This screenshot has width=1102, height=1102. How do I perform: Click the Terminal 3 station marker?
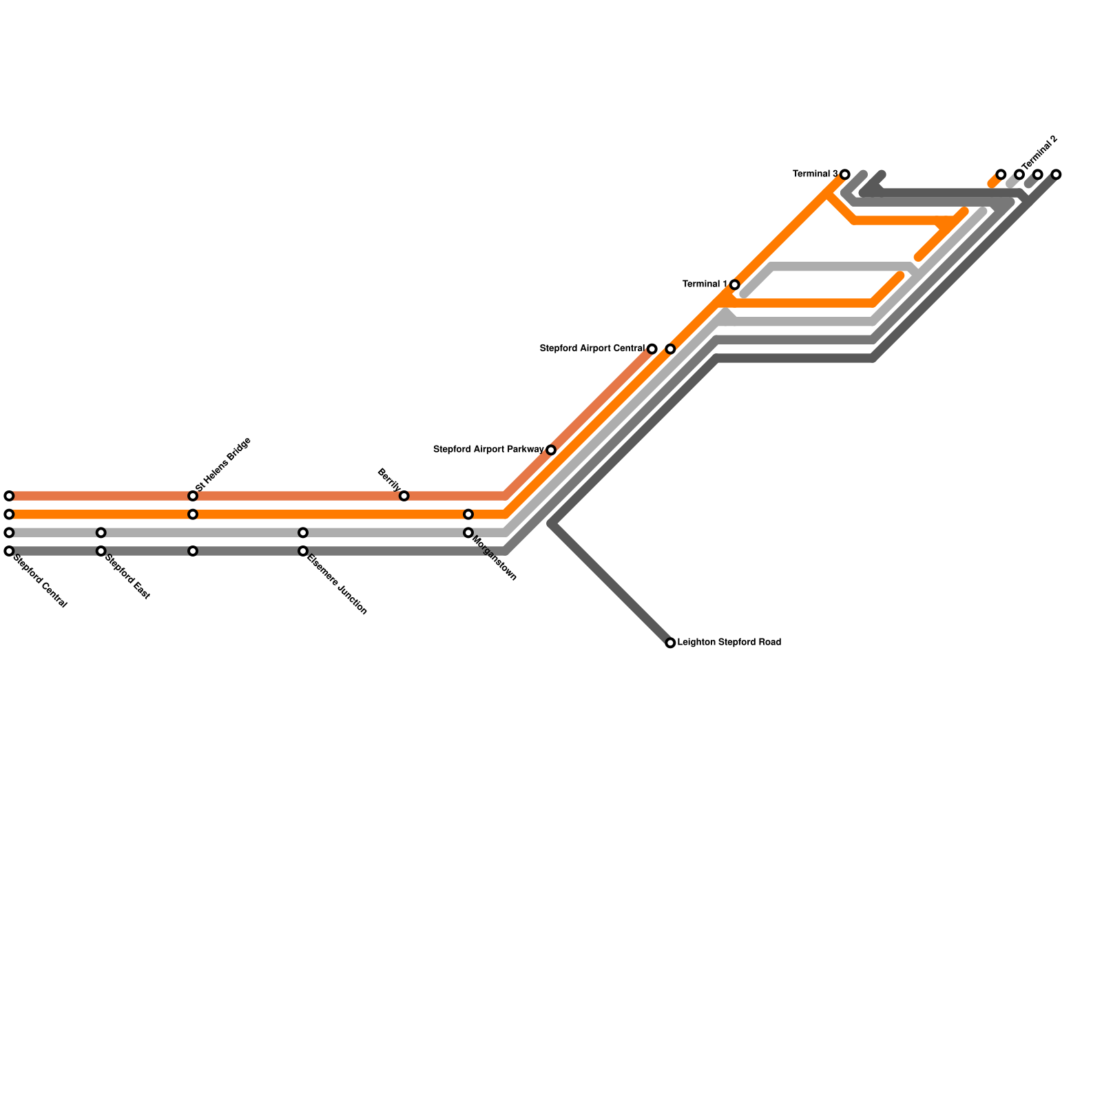844,174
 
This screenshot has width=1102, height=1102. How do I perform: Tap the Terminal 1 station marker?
734,284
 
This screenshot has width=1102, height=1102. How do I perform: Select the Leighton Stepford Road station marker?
670,643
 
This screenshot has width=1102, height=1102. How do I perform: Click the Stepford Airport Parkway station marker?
551,450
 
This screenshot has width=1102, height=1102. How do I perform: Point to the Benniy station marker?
404,496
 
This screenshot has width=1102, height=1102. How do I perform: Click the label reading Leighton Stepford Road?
729,643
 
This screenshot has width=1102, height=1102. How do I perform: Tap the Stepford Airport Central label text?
592,349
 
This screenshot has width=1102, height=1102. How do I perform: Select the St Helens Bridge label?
224,464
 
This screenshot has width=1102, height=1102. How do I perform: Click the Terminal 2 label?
1039,153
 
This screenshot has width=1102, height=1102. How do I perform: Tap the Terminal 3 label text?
815,174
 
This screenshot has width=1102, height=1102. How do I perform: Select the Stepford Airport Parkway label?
488,450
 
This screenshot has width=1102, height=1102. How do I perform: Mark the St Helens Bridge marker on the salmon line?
193,496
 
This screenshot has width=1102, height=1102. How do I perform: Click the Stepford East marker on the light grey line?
101,532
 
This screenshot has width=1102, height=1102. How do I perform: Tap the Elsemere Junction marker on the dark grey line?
303,551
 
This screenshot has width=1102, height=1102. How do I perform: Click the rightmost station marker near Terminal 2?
1056,174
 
